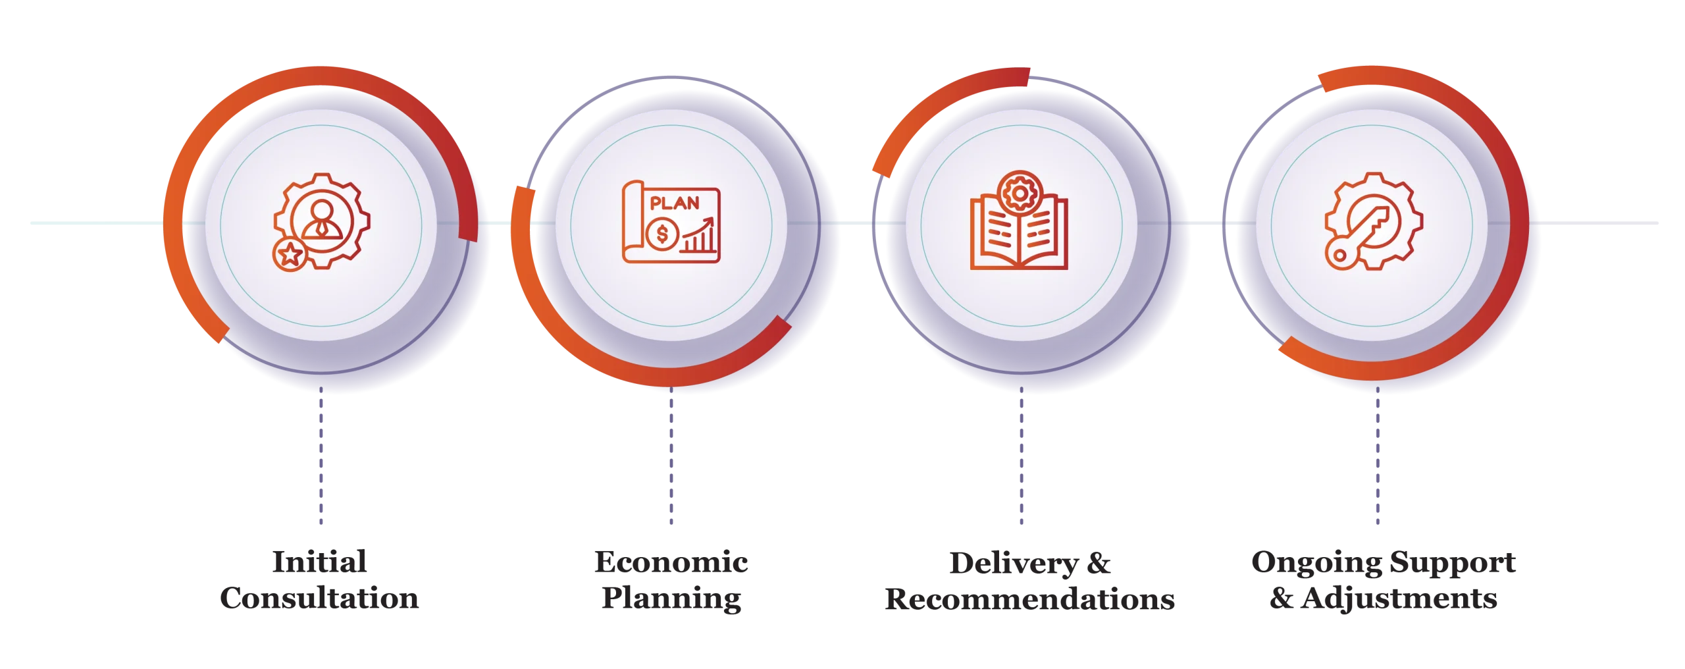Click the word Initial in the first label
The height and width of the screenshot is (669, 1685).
[x=319, y=562]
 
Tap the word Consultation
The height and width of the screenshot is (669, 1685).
[x=319, y=598]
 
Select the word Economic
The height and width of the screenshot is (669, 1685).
[x=671, y=562]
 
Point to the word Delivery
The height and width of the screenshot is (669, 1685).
[x=1014, y=564]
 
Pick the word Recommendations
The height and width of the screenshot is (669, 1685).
[x=1029, y=599]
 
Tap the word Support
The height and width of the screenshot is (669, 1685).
[x=1453, y=564]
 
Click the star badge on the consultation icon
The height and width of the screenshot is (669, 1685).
[x=290, y=254]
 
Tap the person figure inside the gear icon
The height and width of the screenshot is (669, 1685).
[x=322, y=220]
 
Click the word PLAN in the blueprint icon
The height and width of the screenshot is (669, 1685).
[x=675, y=203]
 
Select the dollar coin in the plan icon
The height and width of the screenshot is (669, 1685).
[x=662, y=234]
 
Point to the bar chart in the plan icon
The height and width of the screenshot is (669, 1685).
[x=699, y=236]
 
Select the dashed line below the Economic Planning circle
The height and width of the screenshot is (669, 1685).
[x=671, y=456]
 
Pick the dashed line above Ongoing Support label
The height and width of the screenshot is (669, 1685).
[x=1378, y=456]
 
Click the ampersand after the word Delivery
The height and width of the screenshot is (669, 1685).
[x=1099, y=563]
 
